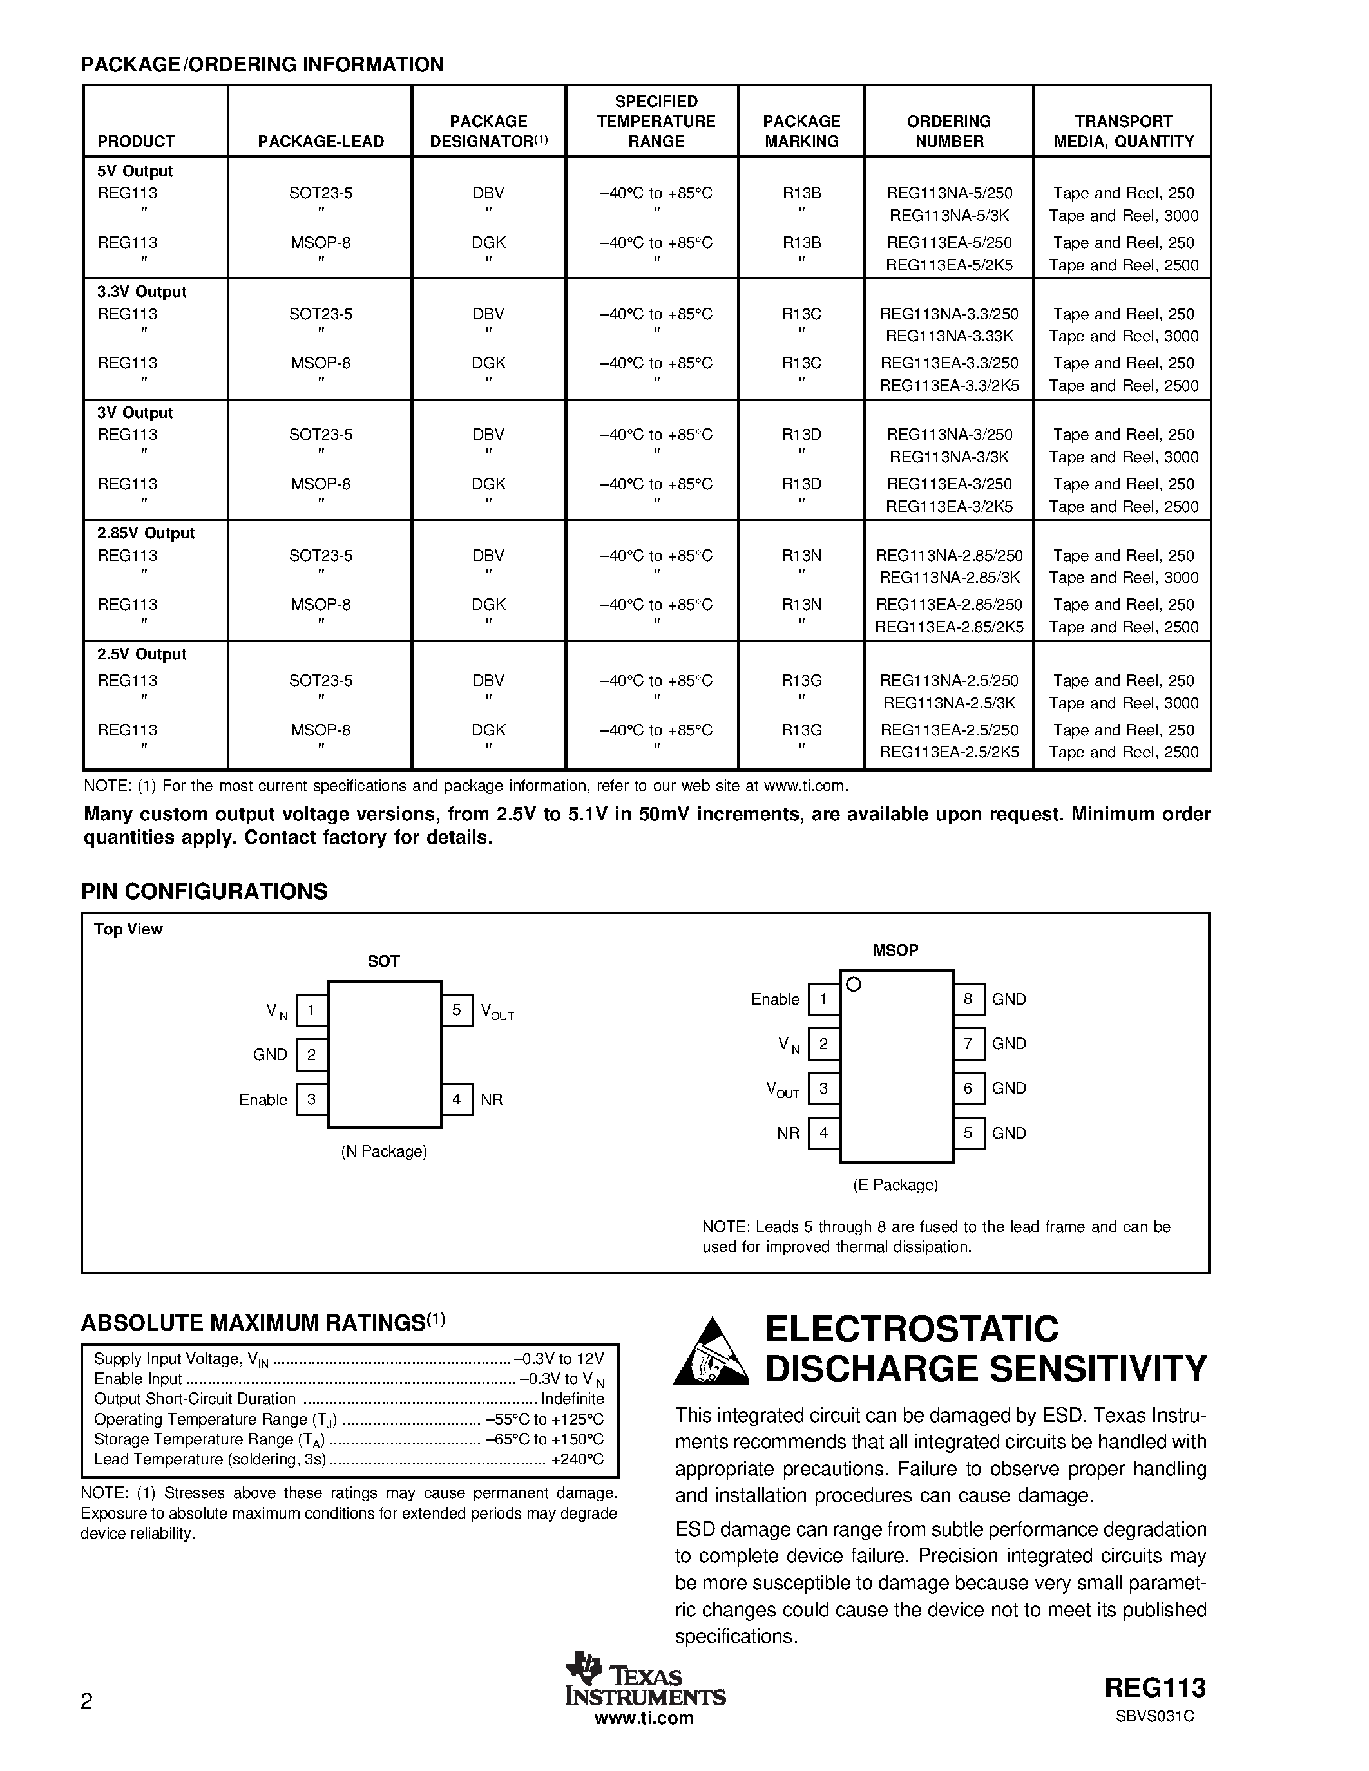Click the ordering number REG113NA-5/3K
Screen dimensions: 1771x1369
pyautogui.click(x=949, y=216)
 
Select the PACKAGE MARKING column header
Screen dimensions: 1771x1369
pyautogui.click(x=801, y=131)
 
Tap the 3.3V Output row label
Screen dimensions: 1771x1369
pyautogui.click(x=142, y=292)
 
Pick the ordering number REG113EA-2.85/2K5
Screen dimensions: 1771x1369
pyautogui.click(x=949, y=627)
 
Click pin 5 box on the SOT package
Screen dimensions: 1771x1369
pyautogui.click(x=457, y=1010)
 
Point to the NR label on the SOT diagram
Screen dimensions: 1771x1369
pyautogui.click(x=492, y=1099)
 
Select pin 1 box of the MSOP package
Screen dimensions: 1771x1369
pyautogui.click(x=823, y=999)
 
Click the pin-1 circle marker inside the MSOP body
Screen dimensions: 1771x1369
pyautogui.click(x=853, y=985)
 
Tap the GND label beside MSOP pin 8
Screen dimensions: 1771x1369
pyautogui.click(x=1009, y=999)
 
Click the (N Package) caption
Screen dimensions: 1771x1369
pyautogui.click(x=383, y=1151)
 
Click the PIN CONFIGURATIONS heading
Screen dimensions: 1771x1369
pyautogui.click(x=204, y=891)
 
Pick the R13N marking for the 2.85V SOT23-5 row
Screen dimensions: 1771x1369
pyautogui.click(x=801, y=556)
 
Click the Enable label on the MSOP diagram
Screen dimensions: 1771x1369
pyautogui.click(x=774, y=999)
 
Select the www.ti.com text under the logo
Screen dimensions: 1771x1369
pyautogui.click(x=644, y=1718)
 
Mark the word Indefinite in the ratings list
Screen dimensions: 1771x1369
pyautogui.click(x=573, y=1399)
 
